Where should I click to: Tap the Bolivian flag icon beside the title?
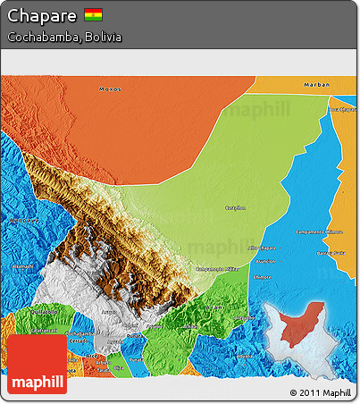93,15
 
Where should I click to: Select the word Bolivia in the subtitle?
101,38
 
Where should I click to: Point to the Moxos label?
108,88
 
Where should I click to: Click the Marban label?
318,85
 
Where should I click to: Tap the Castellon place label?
235,207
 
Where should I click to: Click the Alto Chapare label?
262,247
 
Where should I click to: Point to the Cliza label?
118,367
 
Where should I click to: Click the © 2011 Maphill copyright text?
320,392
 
